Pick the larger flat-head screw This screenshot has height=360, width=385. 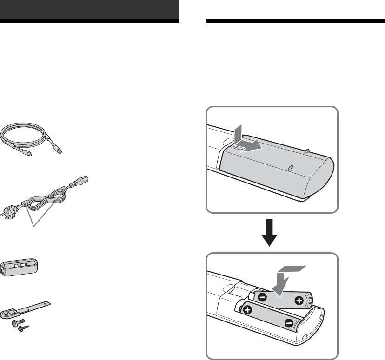pos(14,322)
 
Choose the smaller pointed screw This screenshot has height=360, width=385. pos(21,328)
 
